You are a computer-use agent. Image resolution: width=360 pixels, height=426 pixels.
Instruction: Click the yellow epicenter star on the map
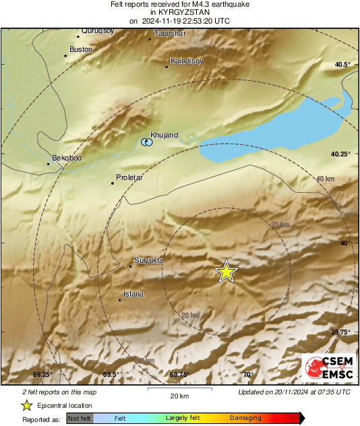pos(227,271)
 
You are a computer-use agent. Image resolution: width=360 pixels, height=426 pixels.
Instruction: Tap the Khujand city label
pos(164,135)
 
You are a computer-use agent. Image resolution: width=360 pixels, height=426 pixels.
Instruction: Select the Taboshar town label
pos(169,33)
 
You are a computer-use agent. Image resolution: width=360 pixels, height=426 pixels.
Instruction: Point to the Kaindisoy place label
pos(187,60)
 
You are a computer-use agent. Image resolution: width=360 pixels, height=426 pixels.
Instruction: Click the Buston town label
pos(81,49)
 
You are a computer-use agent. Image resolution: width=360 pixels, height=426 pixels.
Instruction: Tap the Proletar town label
pos(131,177)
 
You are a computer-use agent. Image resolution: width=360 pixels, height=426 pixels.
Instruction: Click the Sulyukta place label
pos(149,260)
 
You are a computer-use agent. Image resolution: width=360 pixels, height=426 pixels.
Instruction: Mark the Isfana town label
pos(133,294)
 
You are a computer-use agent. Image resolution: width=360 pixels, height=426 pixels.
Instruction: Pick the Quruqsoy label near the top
pos(98,30)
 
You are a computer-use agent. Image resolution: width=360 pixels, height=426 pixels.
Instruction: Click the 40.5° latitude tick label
pos(343,64)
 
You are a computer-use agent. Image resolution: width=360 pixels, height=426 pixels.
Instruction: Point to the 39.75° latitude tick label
pos(341,332)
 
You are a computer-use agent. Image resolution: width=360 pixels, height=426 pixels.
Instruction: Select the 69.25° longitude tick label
pos(42,375)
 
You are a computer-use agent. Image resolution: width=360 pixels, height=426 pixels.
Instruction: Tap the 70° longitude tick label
pos(248,375)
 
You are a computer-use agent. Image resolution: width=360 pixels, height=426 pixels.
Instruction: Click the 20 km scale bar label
pos(179,396)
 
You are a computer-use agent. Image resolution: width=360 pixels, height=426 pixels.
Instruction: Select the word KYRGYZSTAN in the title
pos(179,12)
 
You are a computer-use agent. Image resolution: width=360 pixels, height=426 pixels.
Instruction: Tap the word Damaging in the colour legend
pos(245,419)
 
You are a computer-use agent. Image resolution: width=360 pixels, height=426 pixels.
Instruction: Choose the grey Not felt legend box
pos(80,419)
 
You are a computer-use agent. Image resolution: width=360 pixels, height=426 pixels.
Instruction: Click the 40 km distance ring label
pos(325,179)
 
